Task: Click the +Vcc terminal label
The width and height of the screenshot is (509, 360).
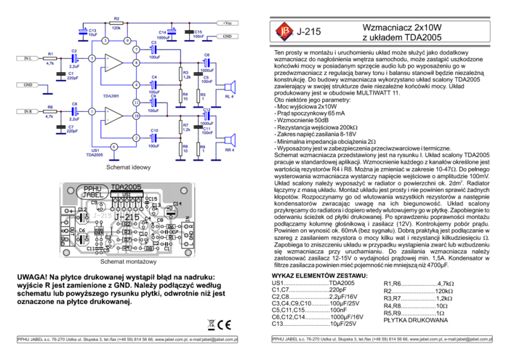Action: [228, 23]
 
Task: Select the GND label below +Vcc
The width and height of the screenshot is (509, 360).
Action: [228, 36]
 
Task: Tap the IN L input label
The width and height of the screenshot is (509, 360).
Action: [27, 58]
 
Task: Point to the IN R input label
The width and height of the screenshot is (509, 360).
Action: [27, 111]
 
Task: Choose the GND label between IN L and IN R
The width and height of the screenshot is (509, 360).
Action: [27, 85]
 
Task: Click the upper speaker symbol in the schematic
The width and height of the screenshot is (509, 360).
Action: [230, 87]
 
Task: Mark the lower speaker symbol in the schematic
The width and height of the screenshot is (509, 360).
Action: [230, 139]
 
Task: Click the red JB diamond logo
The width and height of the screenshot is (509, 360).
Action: [284, 31]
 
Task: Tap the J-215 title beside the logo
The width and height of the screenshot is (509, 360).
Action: [309, 32]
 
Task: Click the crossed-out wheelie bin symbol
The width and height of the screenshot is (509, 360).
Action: [210, 325]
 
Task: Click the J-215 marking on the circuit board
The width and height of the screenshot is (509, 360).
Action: [125, 217]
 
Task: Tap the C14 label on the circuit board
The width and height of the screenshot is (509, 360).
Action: [177, 204]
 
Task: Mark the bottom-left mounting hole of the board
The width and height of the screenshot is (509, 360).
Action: [66, 253]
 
